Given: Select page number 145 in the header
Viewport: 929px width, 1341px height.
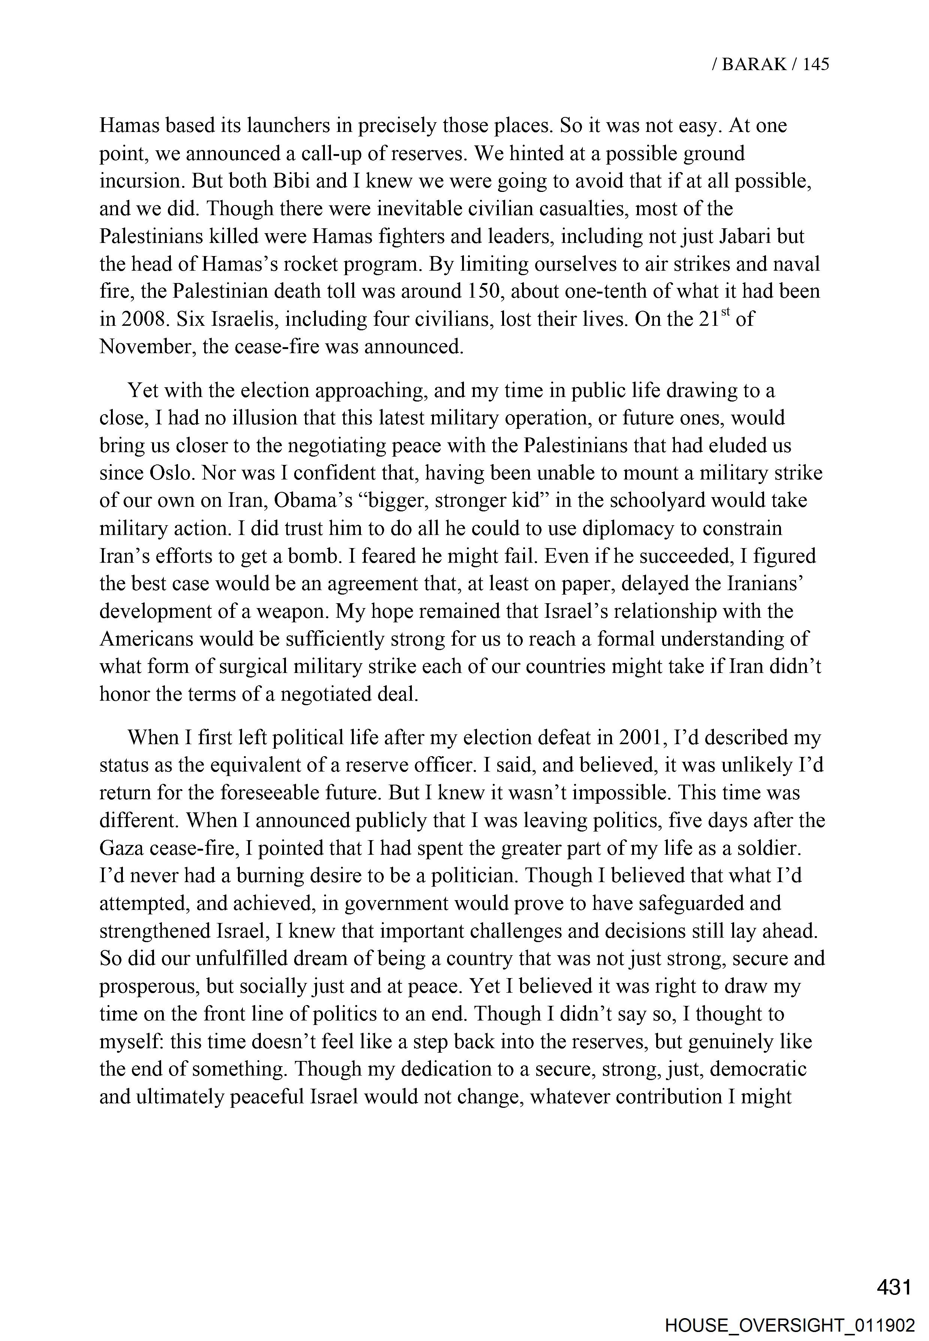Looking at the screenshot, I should (815, 64).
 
